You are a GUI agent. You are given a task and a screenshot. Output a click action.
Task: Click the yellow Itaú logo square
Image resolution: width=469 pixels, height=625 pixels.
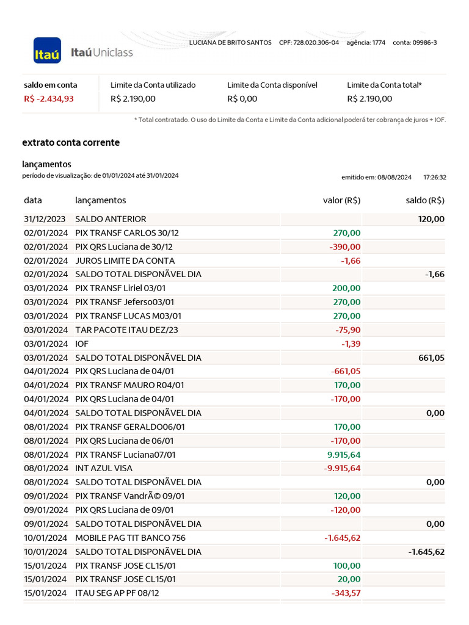[47, 51]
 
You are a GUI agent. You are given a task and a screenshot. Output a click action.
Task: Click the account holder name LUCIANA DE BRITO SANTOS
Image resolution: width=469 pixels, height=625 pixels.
[230, 43]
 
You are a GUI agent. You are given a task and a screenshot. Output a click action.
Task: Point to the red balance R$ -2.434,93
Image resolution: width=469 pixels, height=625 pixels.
[49, 99]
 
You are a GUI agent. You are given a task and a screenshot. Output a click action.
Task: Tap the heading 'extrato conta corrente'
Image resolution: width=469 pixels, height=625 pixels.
[71, 143]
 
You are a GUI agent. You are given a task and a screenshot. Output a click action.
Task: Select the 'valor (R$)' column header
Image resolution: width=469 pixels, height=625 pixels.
[341, 200]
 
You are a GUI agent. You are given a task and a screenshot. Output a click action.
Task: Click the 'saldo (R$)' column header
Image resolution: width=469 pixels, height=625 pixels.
[425, 200]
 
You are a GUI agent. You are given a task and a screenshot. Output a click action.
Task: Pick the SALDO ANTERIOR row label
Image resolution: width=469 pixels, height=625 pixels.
[111, 219]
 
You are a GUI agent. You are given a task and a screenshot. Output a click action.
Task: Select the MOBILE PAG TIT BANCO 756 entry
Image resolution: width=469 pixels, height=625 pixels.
[130, 538]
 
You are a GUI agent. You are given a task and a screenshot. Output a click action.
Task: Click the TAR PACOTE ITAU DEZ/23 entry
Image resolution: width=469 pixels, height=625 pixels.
[126, 330]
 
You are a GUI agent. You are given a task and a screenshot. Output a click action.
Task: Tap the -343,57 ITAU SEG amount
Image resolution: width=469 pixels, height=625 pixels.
[345, 593]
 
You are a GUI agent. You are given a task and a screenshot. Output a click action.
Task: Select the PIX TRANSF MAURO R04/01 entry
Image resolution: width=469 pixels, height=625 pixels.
[129, 385]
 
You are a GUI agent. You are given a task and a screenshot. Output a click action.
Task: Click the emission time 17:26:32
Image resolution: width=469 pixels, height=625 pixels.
[434, 178]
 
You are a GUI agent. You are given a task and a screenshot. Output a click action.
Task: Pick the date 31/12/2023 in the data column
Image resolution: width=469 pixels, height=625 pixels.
[46, 219]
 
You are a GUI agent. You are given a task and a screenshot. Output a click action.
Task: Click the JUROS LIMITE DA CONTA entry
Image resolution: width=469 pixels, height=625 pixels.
[125, 261]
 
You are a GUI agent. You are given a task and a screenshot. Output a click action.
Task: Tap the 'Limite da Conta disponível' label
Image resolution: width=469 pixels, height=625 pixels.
[272, 85]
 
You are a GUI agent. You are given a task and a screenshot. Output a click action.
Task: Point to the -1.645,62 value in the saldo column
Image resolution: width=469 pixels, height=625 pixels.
[426, 552]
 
